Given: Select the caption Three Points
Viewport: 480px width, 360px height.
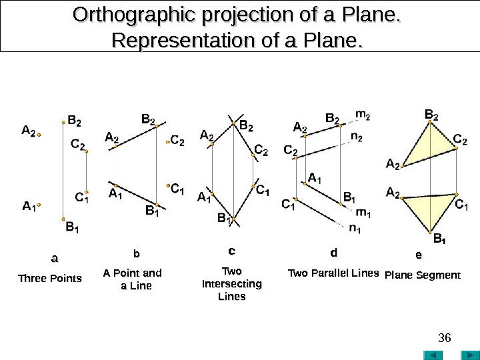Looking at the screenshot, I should click(x=49, y=278).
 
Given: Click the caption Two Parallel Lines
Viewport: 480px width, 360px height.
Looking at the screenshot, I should click(x=333, y=273).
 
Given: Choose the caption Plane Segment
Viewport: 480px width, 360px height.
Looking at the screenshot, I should click(x=423, y=274).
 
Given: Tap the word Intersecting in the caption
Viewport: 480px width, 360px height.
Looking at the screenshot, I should click(x=231, y=284).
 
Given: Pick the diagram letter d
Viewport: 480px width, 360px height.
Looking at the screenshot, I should click(x=334, y=253).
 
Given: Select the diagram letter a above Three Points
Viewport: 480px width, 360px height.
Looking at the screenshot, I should click(x=55, y=257).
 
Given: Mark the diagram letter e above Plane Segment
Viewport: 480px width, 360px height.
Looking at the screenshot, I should click(x=418, y=255).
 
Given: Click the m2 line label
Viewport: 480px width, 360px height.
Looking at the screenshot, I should click(x=363, y=116).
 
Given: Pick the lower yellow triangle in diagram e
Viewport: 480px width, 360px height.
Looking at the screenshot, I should click(x=425, y=210).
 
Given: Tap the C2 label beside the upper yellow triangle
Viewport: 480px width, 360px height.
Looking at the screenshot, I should click(x=460, y=139).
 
